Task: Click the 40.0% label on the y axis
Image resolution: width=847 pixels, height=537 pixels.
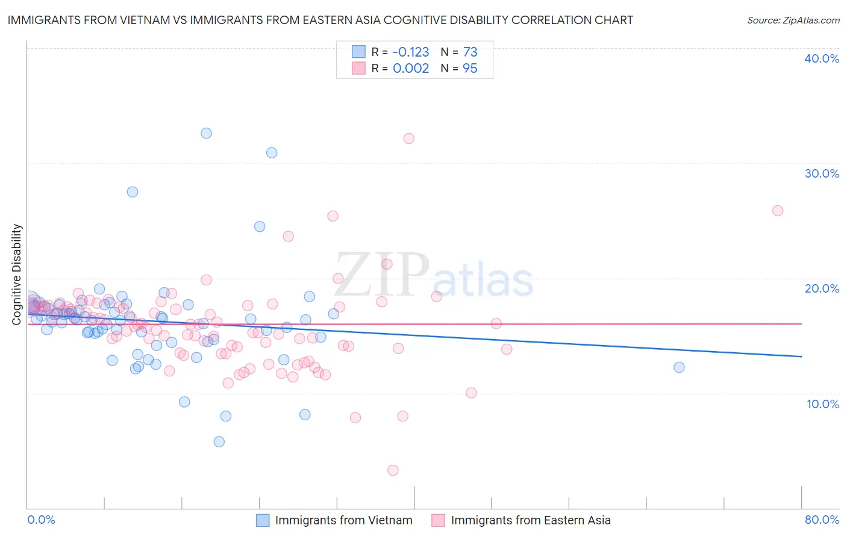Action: (x=822, y=58)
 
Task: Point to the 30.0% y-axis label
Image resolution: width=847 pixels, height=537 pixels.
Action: (x=822, y=173)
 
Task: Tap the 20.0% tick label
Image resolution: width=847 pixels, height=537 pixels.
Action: (x=822, y=288)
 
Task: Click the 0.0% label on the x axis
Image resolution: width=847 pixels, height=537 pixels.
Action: (x=42, y=520)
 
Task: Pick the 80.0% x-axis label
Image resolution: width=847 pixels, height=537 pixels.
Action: (x=822, y=520)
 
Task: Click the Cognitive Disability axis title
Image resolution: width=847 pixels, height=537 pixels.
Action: (x=17, y=275)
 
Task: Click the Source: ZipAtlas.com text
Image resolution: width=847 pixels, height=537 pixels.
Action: (x=793, y=20)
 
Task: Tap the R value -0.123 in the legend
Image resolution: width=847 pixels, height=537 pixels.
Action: (x=411, y=52)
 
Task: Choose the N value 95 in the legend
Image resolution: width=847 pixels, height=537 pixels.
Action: (x=470, y=69)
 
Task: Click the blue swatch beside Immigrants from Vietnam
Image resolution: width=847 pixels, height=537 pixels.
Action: (x=263, y=520)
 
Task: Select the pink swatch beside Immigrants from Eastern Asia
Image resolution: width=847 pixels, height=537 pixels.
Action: (x=438, y=520)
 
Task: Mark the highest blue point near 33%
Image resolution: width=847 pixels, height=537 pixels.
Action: (x=206, y=133)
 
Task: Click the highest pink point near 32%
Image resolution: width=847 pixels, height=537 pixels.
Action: (x=409, y=138)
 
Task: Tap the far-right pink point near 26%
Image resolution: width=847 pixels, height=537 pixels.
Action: (x=778, y=211)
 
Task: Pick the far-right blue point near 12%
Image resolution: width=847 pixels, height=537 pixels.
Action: (x=679, y=367)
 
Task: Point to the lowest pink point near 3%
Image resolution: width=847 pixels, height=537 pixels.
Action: (x=393, y=470)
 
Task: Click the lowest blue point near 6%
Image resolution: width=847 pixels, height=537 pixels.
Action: (x=219, y=442)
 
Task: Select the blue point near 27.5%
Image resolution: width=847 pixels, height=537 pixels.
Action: (x=133, y=192)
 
